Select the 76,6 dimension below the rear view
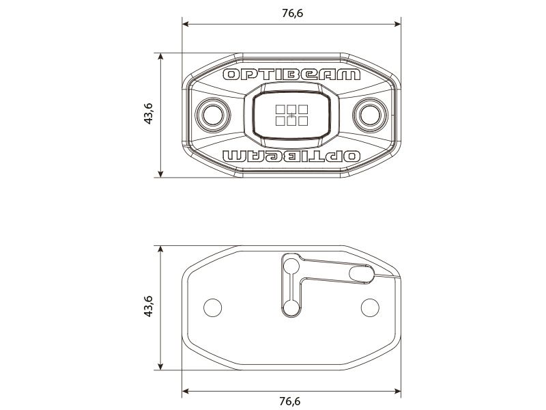291,400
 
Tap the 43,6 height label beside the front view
148,114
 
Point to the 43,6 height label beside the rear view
148,307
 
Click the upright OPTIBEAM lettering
291,74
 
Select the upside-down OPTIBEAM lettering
291,156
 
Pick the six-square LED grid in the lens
291,114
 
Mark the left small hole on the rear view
213,307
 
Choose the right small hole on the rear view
370,307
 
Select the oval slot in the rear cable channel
361,273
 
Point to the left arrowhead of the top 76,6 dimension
186,25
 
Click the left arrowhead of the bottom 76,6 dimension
186,392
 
